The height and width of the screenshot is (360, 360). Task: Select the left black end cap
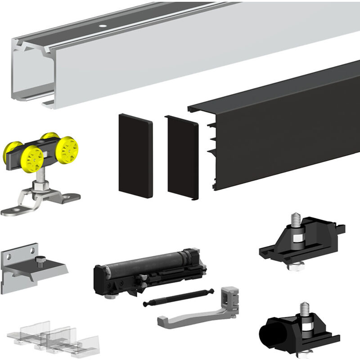[x=135, y=155]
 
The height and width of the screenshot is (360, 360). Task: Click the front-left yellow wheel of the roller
[x=33, y=158]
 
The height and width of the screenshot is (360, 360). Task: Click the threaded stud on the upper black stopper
[x=296, y=220]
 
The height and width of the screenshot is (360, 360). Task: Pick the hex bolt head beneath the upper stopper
[x=295, y=265]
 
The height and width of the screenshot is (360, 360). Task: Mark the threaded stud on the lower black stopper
[x=305, y=311]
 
